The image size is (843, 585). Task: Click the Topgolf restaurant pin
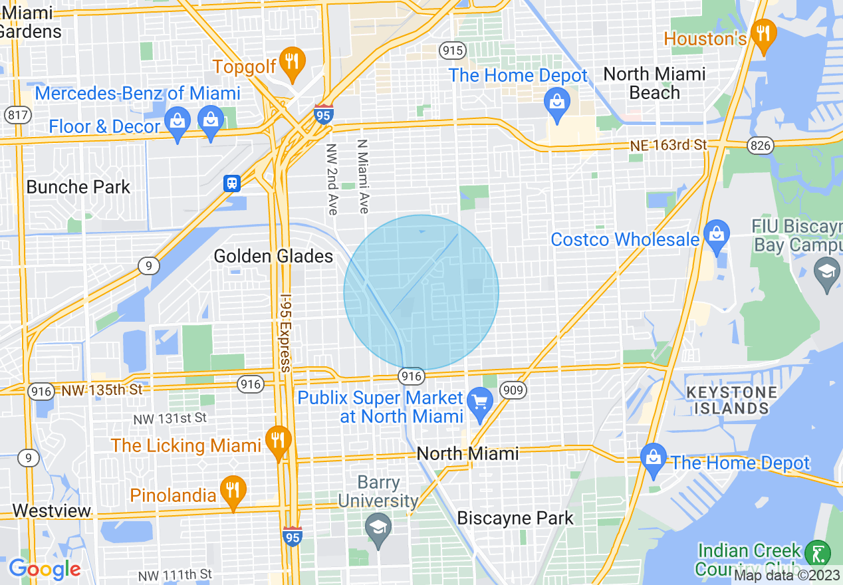[291, 61]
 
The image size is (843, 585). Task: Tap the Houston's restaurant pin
[763, 33]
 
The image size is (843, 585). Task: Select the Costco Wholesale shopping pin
[717, 235]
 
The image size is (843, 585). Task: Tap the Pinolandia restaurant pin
[232, 491]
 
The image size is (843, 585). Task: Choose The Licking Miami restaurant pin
[278, 440]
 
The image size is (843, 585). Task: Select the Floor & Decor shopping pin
[177, 122]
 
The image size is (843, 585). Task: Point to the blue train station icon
[231, 183]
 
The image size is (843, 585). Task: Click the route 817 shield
[17, 114]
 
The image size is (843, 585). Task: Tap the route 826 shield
[760, 146]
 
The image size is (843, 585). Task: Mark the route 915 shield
[452, 51]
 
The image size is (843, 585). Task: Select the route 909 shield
[513, 389]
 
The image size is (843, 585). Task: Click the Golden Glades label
[273, 256]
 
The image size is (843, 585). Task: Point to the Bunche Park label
[78, 187]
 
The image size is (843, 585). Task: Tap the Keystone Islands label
[731, 400]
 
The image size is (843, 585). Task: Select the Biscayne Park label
[515, 518]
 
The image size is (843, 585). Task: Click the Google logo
[45, 570]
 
